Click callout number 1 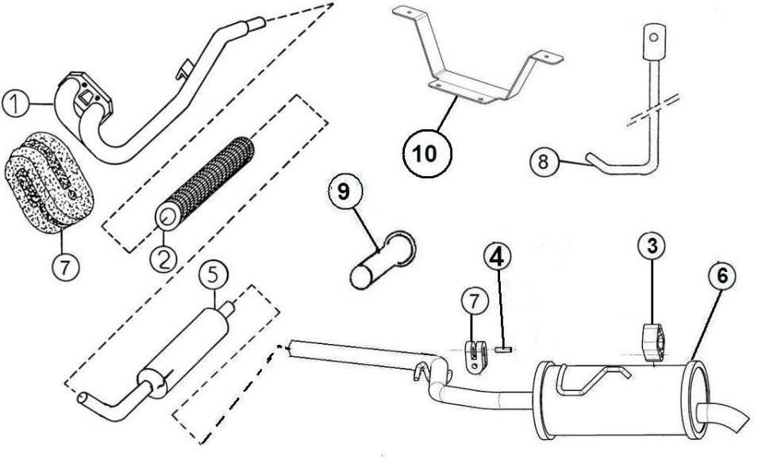tap(15, 104)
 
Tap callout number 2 tap(164, 258)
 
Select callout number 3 tap(652, 247)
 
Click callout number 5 tap(214, 276)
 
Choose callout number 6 tap(722, 276)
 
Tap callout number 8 tap(544, 161)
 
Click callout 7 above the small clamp tap(474, 301)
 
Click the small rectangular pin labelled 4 tap(503, 347)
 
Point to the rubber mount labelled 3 tap(654, 343)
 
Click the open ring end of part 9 tap(402, 247)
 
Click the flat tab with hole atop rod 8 tap(654, 40)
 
